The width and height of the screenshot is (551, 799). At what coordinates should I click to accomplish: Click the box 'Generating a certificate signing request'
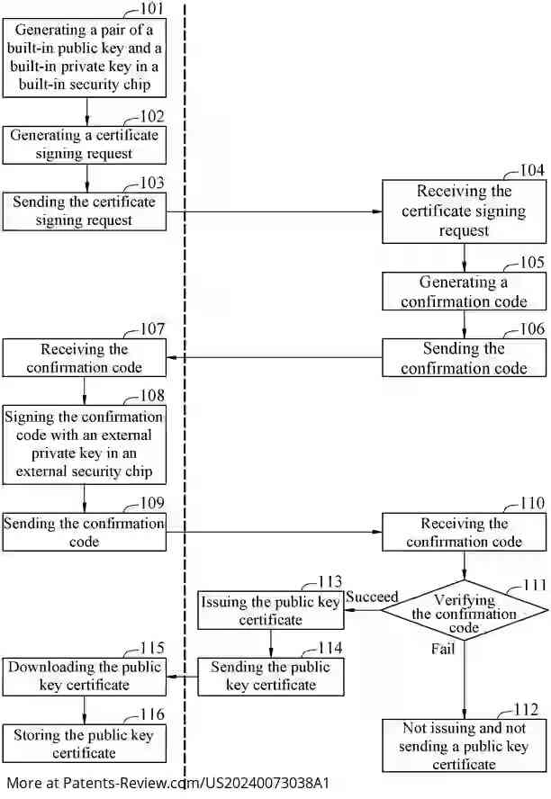(84, 145)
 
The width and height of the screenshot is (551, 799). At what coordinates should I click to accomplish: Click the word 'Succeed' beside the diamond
(372, 597)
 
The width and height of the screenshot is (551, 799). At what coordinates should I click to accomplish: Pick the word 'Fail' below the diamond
(442, 648)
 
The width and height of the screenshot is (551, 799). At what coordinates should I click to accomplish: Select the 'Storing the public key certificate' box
(84, 743)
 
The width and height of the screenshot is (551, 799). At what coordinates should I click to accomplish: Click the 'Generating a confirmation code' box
(464, 292)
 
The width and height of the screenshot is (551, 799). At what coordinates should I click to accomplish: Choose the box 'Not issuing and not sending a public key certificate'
(464, 745)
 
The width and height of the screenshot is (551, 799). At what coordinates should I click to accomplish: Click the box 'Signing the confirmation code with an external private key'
(84, 444)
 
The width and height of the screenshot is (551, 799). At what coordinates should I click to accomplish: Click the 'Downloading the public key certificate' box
(84, 676)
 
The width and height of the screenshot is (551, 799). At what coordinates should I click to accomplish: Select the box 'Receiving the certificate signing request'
(464, 211)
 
